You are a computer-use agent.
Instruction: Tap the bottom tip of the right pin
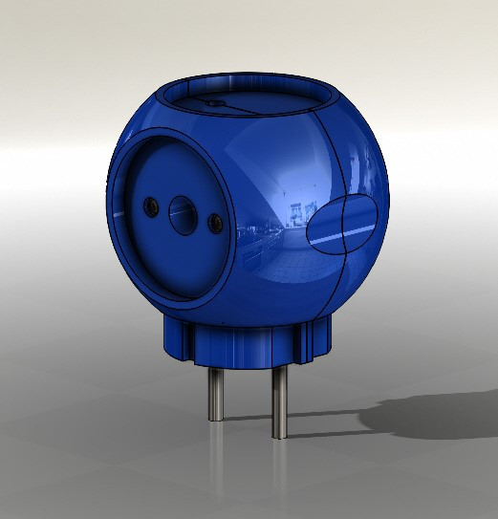(278, 436)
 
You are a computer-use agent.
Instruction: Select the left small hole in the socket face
(149, 206)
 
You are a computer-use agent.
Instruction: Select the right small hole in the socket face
(215, 223)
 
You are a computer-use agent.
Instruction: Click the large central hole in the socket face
(180, 212)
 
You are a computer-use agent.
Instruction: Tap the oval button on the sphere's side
(342, 226)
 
